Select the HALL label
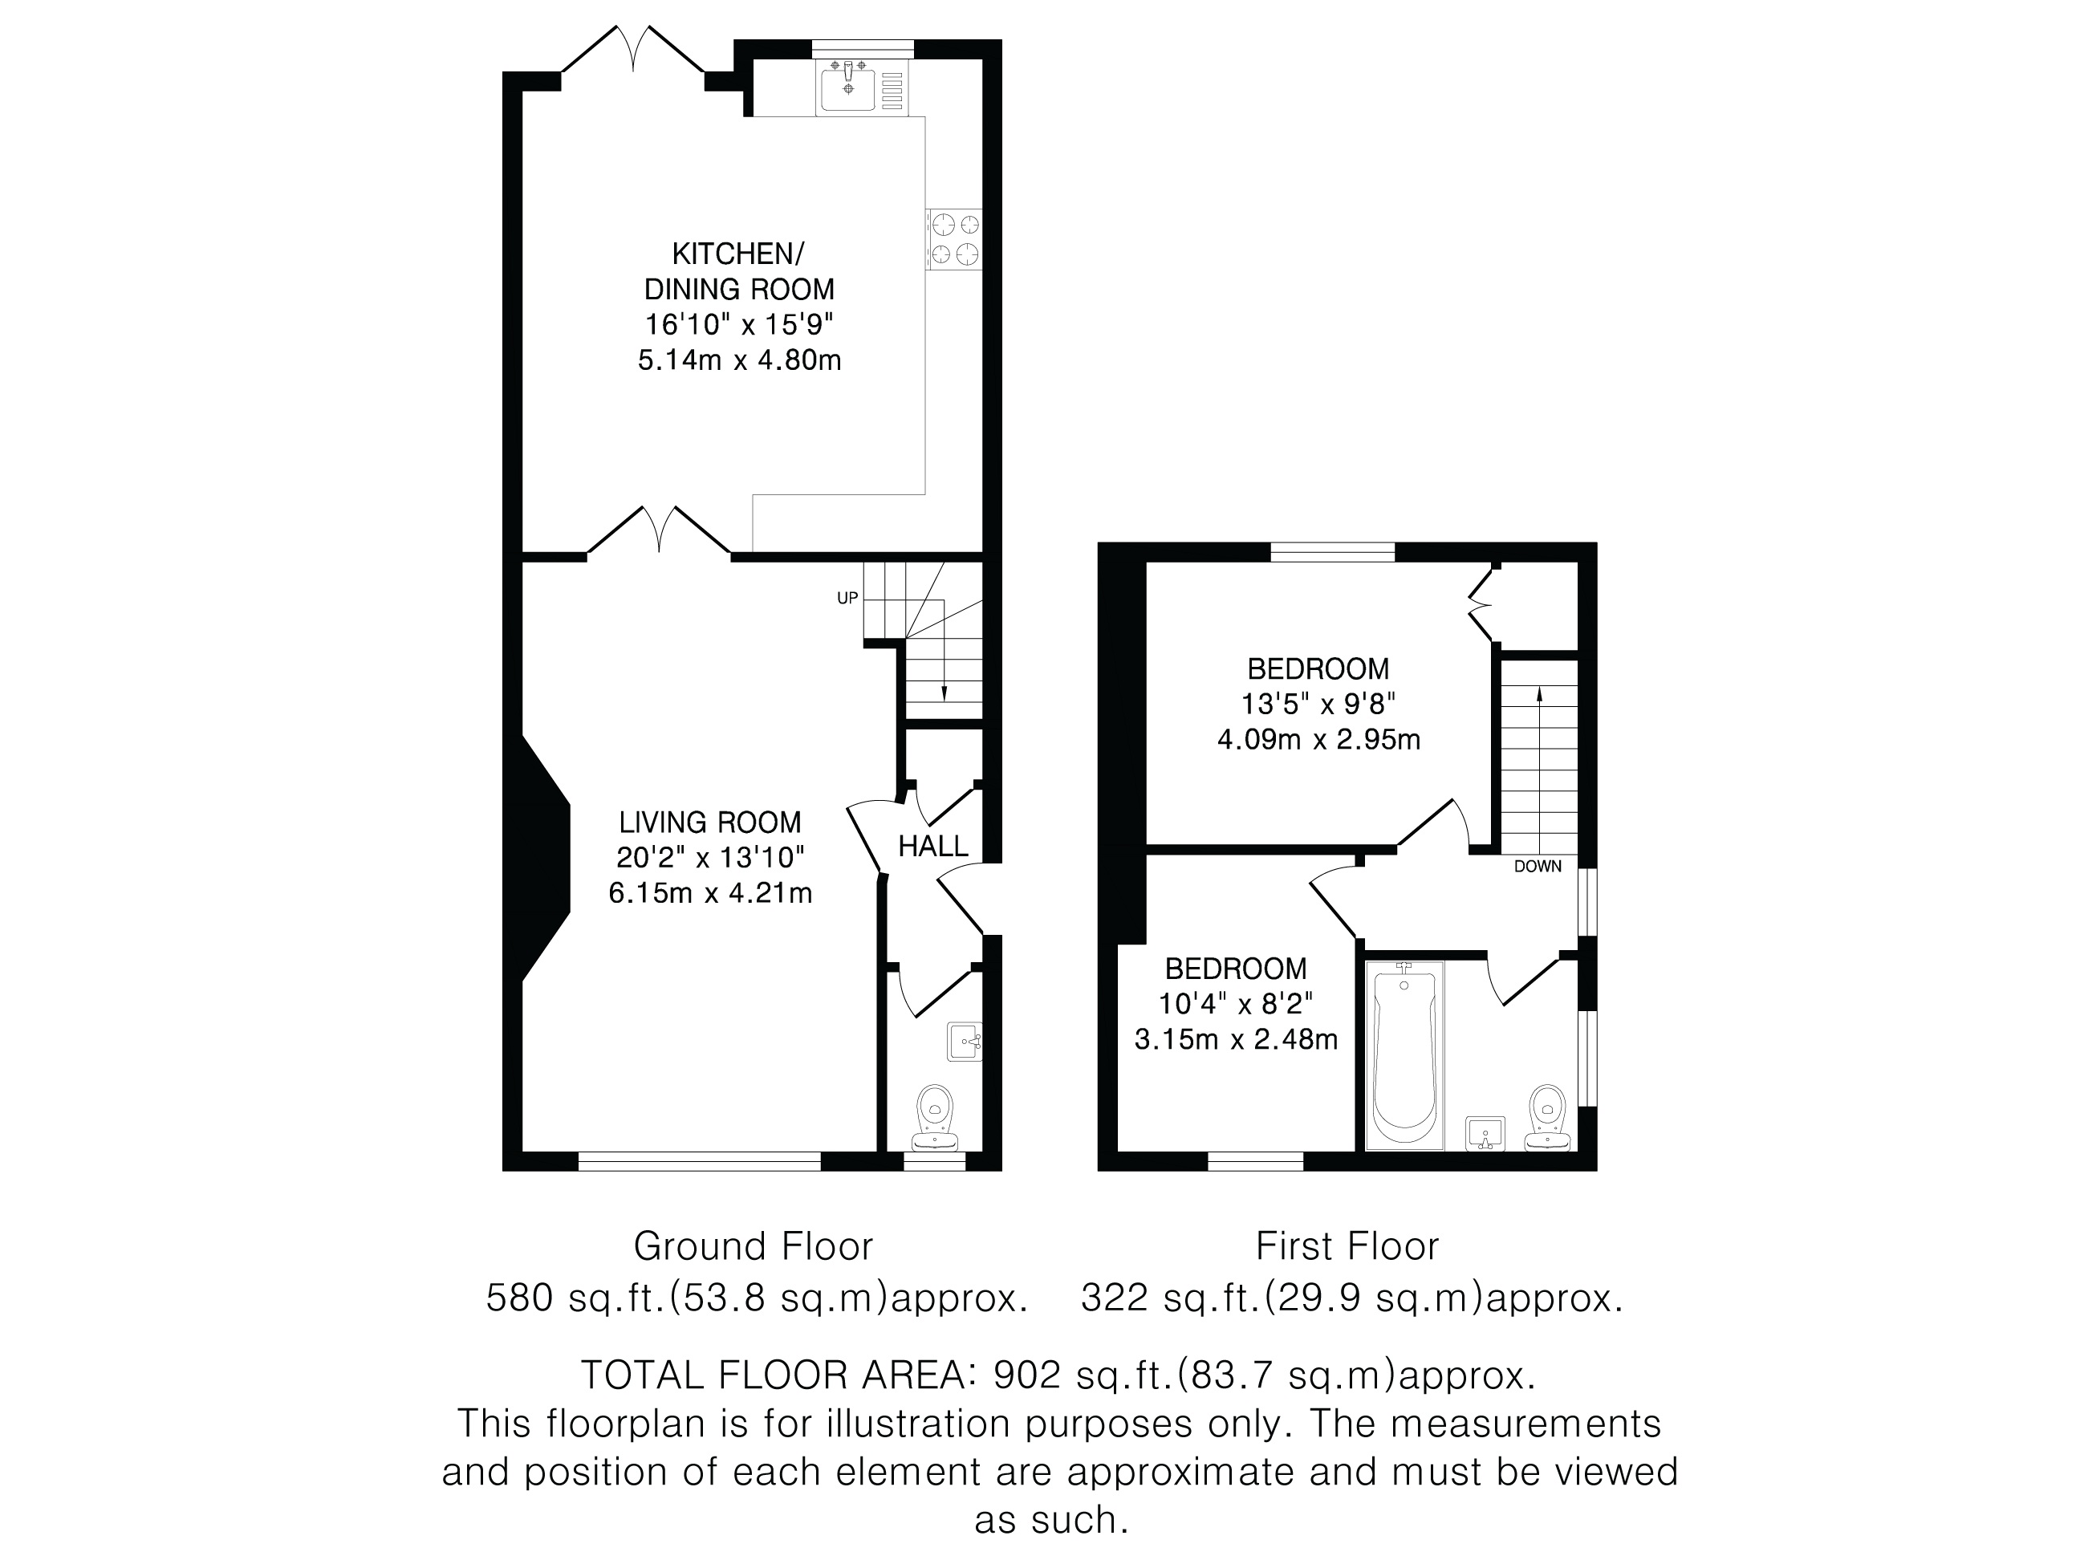(932, 847)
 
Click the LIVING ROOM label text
(710, 823)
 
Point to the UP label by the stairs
(847, 598)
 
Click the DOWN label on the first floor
(1538, 866)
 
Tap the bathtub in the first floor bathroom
(1404, 1055)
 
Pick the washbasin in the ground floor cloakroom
(965, 1042)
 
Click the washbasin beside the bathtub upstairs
(1485, 1134)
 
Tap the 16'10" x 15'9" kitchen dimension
(739, 324)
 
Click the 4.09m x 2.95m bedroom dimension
(1318, 739)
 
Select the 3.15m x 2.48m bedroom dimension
(1236, 1039)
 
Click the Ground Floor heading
(754, 1246)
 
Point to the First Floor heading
(1347, 1246)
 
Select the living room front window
(700, 1161)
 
